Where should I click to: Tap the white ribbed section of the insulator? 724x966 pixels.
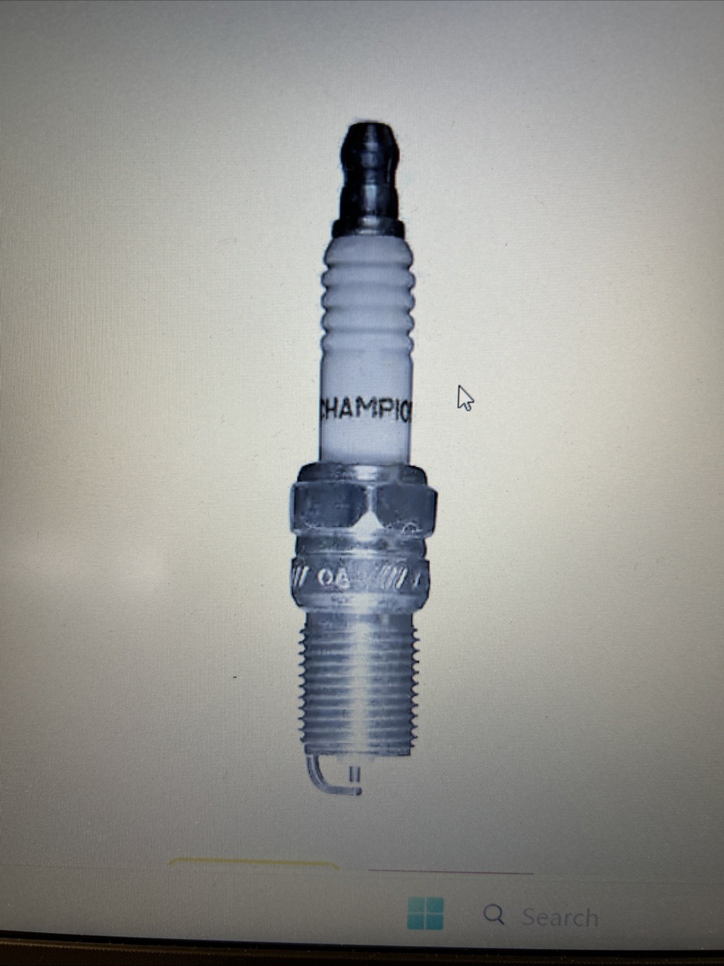coord(368,302)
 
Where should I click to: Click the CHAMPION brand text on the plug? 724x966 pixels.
coord(365,411)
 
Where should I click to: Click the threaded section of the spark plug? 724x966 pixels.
coord(360,683)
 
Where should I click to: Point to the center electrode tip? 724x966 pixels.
coord(354,774)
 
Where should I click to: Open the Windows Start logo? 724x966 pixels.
coord(426,913)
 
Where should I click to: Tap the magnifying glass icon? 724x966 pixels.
coord(494,915)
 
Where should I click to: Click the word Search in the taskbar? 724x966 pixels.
coord(560,917)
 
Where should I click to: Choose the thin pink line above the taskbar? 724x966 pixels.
coord(450,872)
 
